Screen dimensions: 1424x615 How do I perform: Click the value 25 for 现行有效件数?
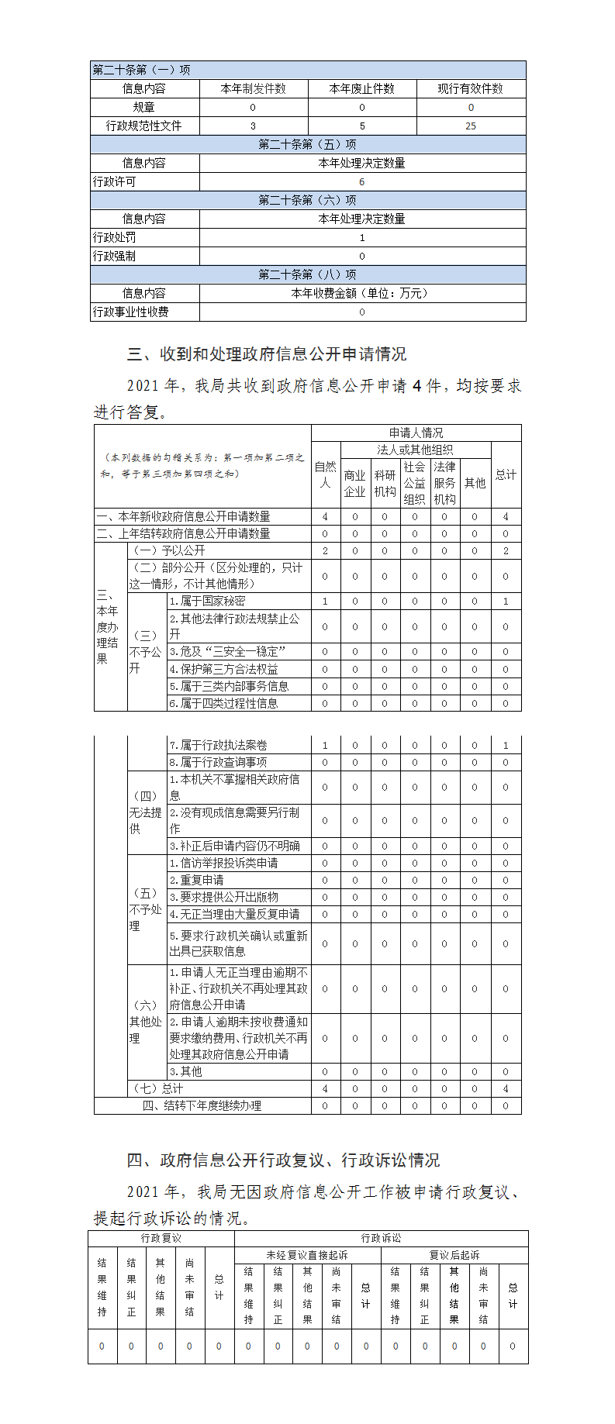(x=471, y=126)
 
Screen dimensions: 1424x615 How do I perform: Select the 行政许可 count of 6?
(x=362, y=181)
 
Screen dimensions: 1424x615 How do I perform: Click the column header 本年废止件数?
(x=362, y=88)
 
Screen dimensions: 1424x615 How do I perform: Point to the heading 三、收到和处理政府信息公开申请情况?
(x=267, y=354)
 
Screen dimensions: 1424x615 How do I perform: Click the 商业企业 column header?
(x=354, y=483)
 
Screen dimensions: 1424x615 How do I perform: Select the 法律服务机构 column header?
(x=444, y=483)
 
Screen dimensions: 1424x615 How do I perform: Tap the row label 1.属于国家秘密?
(x=208, y=601)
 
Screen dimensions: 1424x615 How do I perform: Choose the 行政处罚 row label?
(x=115, y=237)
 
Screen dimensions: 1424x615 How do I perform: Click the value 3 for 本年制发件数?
(x=253, y=126)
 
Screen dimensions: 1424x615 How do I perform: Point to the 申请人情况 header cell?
(x=416, y=433)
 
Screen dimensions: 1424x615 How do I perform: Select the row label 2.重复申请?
(x=197, y=880)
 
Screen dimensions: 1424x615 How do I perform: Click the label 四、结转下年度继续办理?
(x=202, y=1105)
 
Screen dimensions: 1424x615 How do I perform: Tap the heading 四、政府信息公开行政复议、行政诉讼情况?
(x=283, y=1160)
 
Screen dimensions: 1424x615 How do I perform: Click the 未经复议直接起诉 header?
(x=307, y=1255)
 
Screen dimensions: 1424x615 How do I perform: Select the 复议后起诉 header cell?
(x=454, y=1255)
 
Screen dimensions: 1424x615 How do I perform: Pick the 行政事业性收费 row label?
(x=131, y=312)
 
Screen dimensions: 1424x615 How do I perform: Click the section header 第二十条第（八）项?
(x=308, y=274)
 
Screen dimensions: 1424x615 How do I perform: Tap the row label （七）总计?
(x=157, y=1088)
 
